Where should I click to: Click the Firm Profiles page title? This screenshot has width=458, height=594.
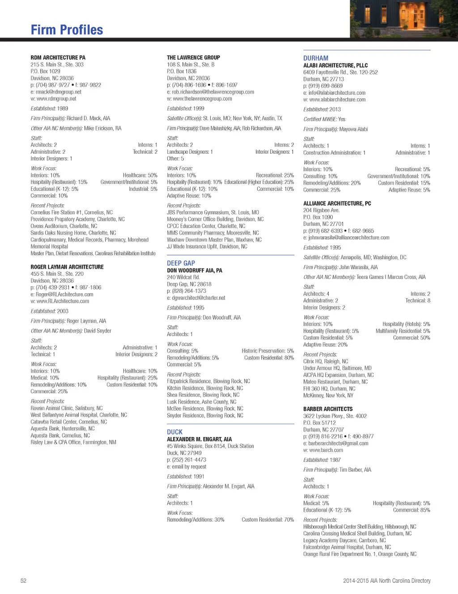coord(67,30)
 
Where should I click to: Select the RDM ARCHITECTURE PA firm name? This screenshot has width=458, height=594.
coord(58,58)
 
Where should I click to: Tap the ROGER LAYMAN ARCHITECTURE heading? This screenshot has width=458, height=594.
coord(67,267)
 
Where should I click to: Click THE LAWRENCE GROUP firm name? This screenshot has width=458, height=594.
coord(193,58)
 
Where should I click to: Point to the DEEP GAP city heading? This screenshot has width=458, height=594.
coord(181,263)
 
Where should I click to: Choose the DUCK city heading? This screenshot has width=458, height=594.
coord(174,432)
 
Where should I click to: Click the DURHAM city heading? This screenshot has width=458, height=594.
coord(316,58)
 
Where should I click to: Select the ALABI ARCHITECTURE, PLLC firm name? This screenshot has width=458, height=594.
coord(335,65)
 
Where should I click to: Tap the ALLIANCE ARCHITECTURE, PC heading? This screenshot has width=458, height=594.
coord(337,203)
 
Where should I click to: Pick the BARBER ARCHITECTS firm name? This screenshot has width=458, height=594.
coord(328,409)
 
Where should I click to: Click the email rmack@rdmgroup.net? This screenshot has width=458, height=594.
coord(58,92)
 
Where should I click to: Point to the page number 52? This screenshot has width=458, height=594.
coord(24,581)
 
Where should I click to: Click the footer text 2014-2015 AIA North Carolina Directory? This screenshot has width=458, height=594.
coord(386,581)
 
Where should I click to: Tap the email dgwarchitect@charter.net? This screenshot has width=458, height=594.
coord(199,298)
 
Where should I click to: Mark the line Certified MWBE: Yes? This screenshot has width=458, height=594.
coord(324,119)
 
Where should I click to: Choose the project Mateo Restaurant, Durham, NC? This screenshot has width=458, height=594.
coord(335,382)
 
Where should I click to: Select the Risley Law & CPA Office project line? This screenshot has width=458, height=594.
coord(73,442)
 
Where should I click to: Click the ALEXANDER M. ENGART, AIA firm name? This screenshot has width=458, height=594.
coord(199,439)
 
